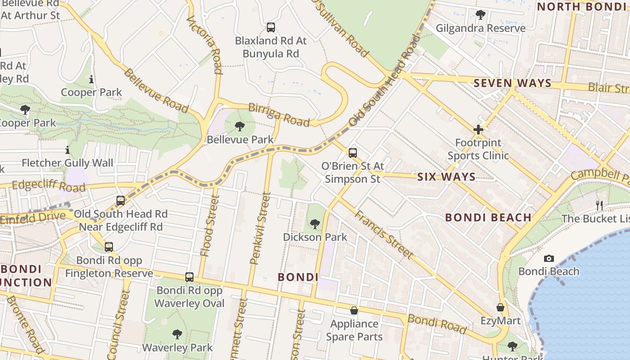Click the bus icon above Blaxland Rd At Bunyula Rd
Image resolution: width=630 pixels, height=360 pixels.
270,27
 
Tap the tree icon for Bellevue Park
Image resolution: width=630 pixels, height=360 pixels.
240,126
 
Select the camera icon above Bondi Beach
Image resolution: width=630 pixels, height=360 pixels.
549,258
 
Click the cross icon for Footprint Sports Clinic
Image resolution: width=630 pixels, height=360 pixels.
478,130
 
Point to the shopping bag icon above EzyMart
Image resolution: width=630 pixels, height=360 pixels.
500,308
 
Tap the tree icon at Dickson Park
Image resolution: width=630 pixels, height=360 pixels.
315,224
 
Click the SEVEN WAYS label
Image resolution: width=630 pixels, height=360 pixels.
512,83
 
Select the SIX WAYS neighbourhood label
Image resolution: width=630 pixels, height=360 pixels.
446,177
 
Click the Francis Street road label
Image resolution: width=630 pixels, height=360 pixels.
383,234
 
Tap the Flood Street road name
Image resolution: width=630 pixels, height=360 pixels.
210,226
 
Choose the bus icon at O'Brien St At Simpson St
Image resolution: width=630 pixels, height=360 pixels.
353,153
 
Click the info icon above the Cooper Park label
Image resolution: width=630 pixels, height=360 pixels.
91,80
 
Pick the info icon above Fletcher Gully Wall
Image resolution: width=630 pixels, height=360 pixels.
67,150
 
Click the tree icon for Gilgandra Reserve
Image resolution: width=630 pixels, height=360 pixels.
480,15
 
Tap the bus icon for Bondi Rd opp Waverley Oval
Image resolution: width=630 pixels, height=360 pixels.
189,277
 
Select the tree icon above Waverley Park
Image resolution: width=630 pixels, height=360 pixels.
177,334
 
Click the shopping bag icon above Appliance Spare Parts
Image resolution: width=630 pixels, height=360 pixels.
354,310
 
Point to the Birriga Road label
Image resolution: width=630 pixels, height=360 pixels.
279,114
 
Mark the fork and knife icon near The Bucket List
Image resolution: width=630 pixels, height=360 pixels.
599,206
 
